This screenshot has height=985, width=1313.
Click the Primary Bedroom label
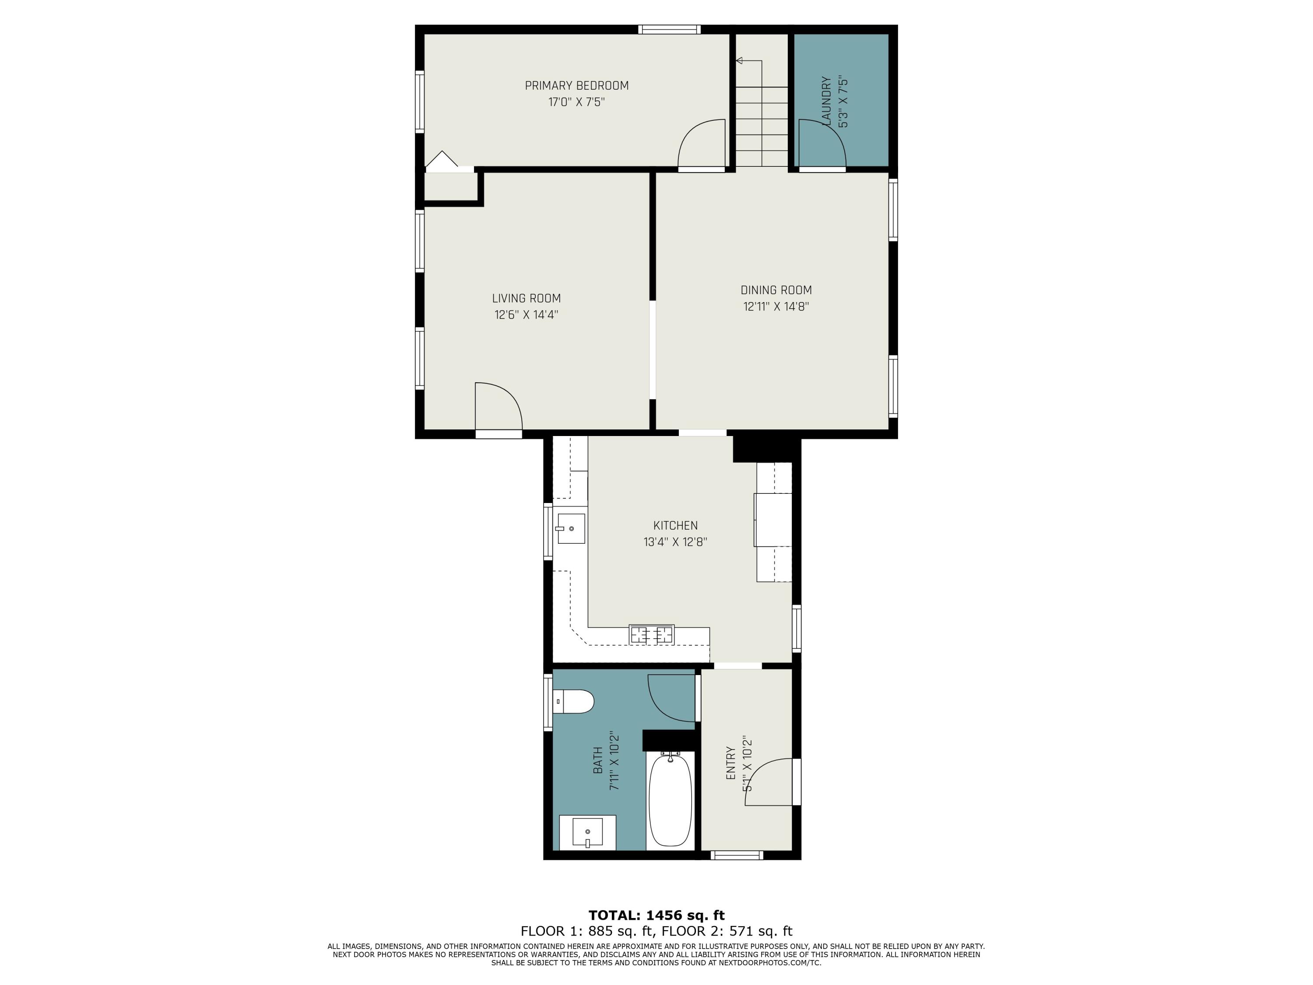[576, 85]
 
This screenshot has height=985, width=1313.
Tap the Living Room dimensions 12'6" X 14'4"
[526, 315]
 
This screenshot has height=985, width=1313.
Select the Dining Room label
[776, 290]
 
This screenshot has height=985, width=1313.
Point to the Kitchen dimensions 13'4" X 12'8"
[675, 542]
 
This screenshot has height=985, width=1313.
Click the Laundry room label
[826, 101]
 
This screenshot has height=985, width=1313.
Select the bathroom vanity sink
[587, 832]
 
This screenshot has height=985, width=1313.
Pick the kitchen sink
[570, 528]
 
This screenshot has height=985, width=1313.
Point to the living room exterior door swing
[498, 406]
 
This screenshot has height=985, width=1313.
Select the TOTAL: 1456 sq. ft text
[656, 915]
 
